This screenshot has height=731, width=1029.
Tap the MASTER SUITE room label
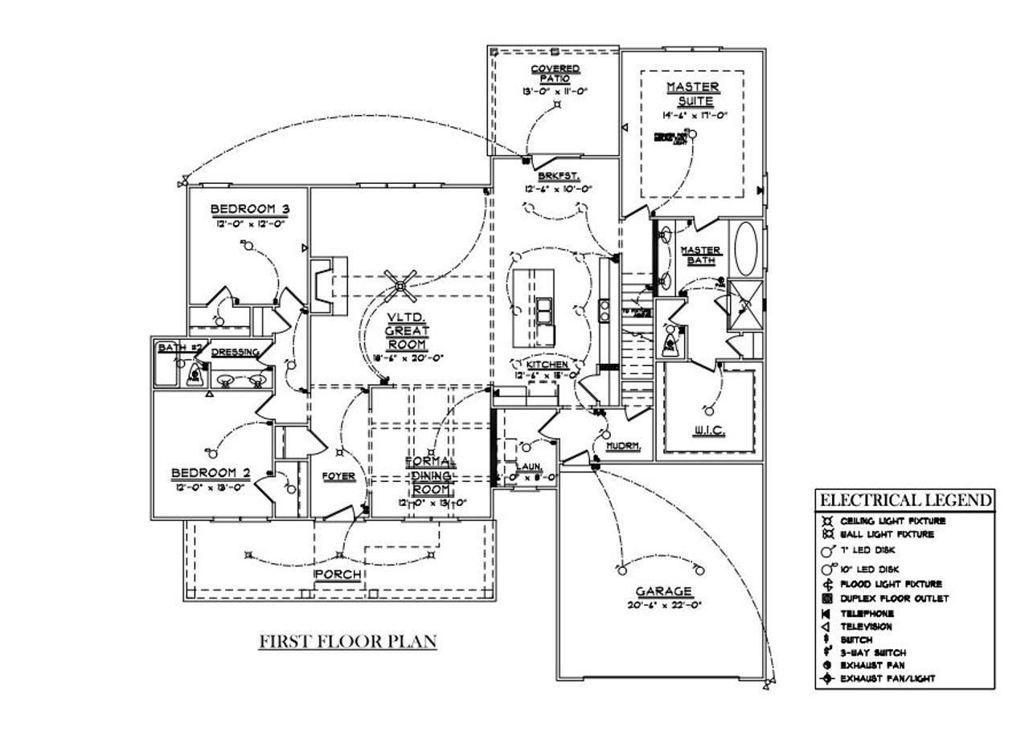pyautogui.click(x=691, y=93)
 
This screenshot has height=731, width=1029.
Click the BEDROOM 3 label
pyautogui.click(x=249, y=210)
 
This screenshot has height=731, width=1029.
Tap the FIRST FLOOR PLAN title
pyautogui.click(x=347, y=642)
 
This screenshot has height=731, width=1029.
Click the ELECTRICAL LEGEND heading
pyautogui.click(x=904, y=500)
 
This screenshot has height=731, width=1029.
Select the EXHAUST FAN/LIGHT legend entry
pyautogui.click(x=887, y=679)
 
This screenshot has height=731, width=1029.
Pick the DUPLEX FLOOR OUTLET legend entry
pyautogui.click(x=894, y=598)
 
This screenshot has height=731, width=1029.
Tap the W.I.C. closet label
pyautogui.click(x=709, y=431)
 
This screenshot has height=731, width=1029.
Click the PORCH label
pyautogui.click(x=338, y=575)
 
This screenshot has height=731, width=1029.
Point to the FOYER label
pyautogui.click(x=338, y=476)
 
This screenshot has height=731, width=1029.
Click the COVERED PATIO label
pyautogui.click(x=555, y=73)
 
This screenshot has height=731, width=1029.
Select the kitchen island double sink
pyautogui.click(x=544, y=310)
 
